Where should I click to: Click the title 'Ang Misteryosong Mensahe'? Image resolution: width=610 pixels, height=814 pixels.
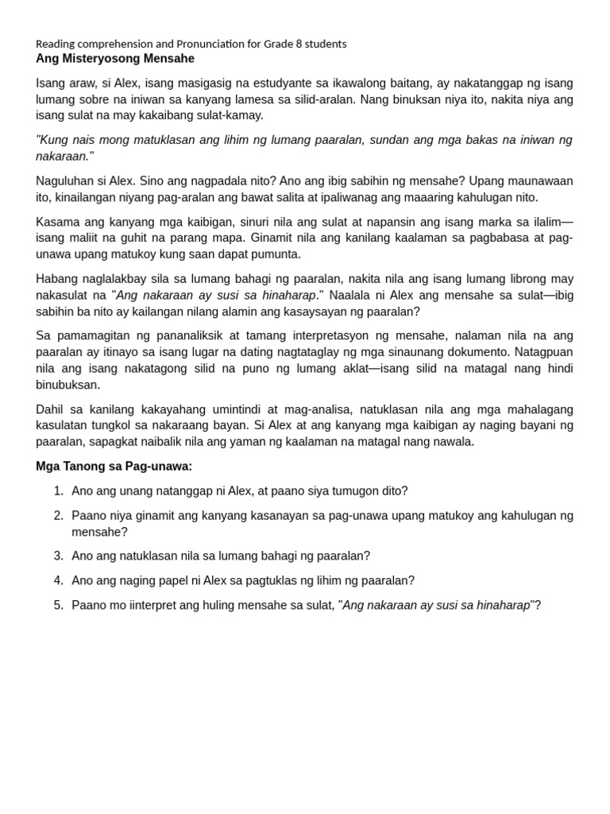114,59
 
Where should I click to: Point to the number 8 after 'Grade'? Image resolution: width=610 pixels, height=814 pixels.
299,44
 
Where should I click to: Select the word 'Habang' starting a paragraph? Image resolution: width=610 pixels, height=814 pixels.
56,279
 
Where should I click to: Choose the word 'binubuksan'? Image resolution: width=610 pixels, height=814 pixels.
68,385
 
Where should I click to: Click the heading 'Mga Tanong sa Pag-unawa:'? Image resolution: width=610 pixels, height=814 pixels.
114,467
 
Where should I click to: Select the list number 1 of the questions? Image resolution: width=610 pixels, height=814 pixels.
58,491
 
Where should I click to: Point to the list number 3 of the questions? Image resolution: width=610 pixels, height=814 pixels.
58,556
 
